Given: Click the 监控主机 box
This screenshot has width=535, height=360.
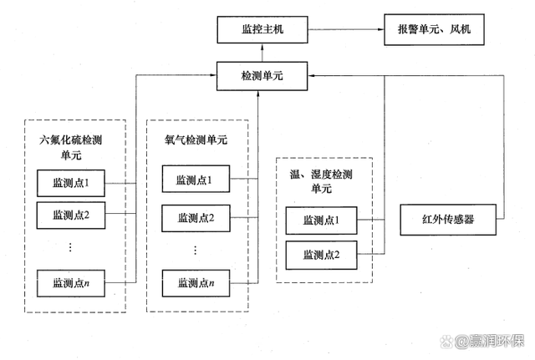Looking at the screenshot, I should (262, 31).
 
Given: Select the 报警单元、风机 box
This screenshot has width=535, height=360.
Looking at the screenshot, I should (428, 31).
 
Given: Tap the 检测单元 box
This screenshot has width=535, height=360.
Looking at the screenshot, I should (262, 75).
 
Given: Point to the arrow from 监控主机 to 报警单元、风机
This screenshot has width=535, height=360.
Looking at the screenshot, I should (344, 31).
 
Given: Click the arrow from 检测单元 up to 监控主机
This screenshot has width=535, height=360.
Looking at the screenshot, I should (262, 53).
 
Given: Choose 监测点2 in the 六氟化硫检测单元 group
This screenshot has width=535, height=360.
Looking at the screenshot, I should (71, 214).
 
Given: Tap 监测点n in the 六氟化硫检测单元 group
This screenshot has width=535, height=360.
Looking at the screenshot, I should (71, 284).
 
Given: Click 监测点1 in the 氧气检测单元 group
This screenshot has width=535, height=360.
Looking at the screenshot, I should (196, 179).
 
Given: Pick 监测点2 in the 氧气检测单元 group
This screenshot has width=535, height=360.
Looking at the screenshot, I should (196, 218).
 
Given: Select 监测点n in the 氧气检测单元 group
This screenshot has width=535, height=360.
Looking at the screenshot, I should (196, 284).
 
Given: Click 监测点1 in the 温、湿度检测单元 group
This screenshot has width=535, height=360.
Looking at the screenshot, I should (320, 221).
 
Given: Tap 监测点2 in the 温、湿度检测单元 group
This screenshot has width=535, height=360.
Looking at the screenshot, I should (320, 253).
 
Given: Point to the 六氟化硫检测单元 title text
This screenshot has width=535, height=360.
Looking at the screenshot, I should (70, 147).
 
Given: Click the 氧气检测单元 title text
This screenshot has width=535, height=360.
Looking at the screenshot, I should (196, 139).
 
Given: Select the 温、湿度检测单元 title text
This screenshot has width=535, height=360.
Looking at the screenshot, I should (321, 181).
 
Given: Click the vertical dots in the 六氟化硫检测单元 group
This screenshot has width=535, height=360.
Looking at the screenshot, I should (71, 247).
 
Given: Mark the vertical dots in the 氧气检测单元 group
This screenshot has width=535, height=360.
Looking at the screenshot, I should (196, 250).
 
